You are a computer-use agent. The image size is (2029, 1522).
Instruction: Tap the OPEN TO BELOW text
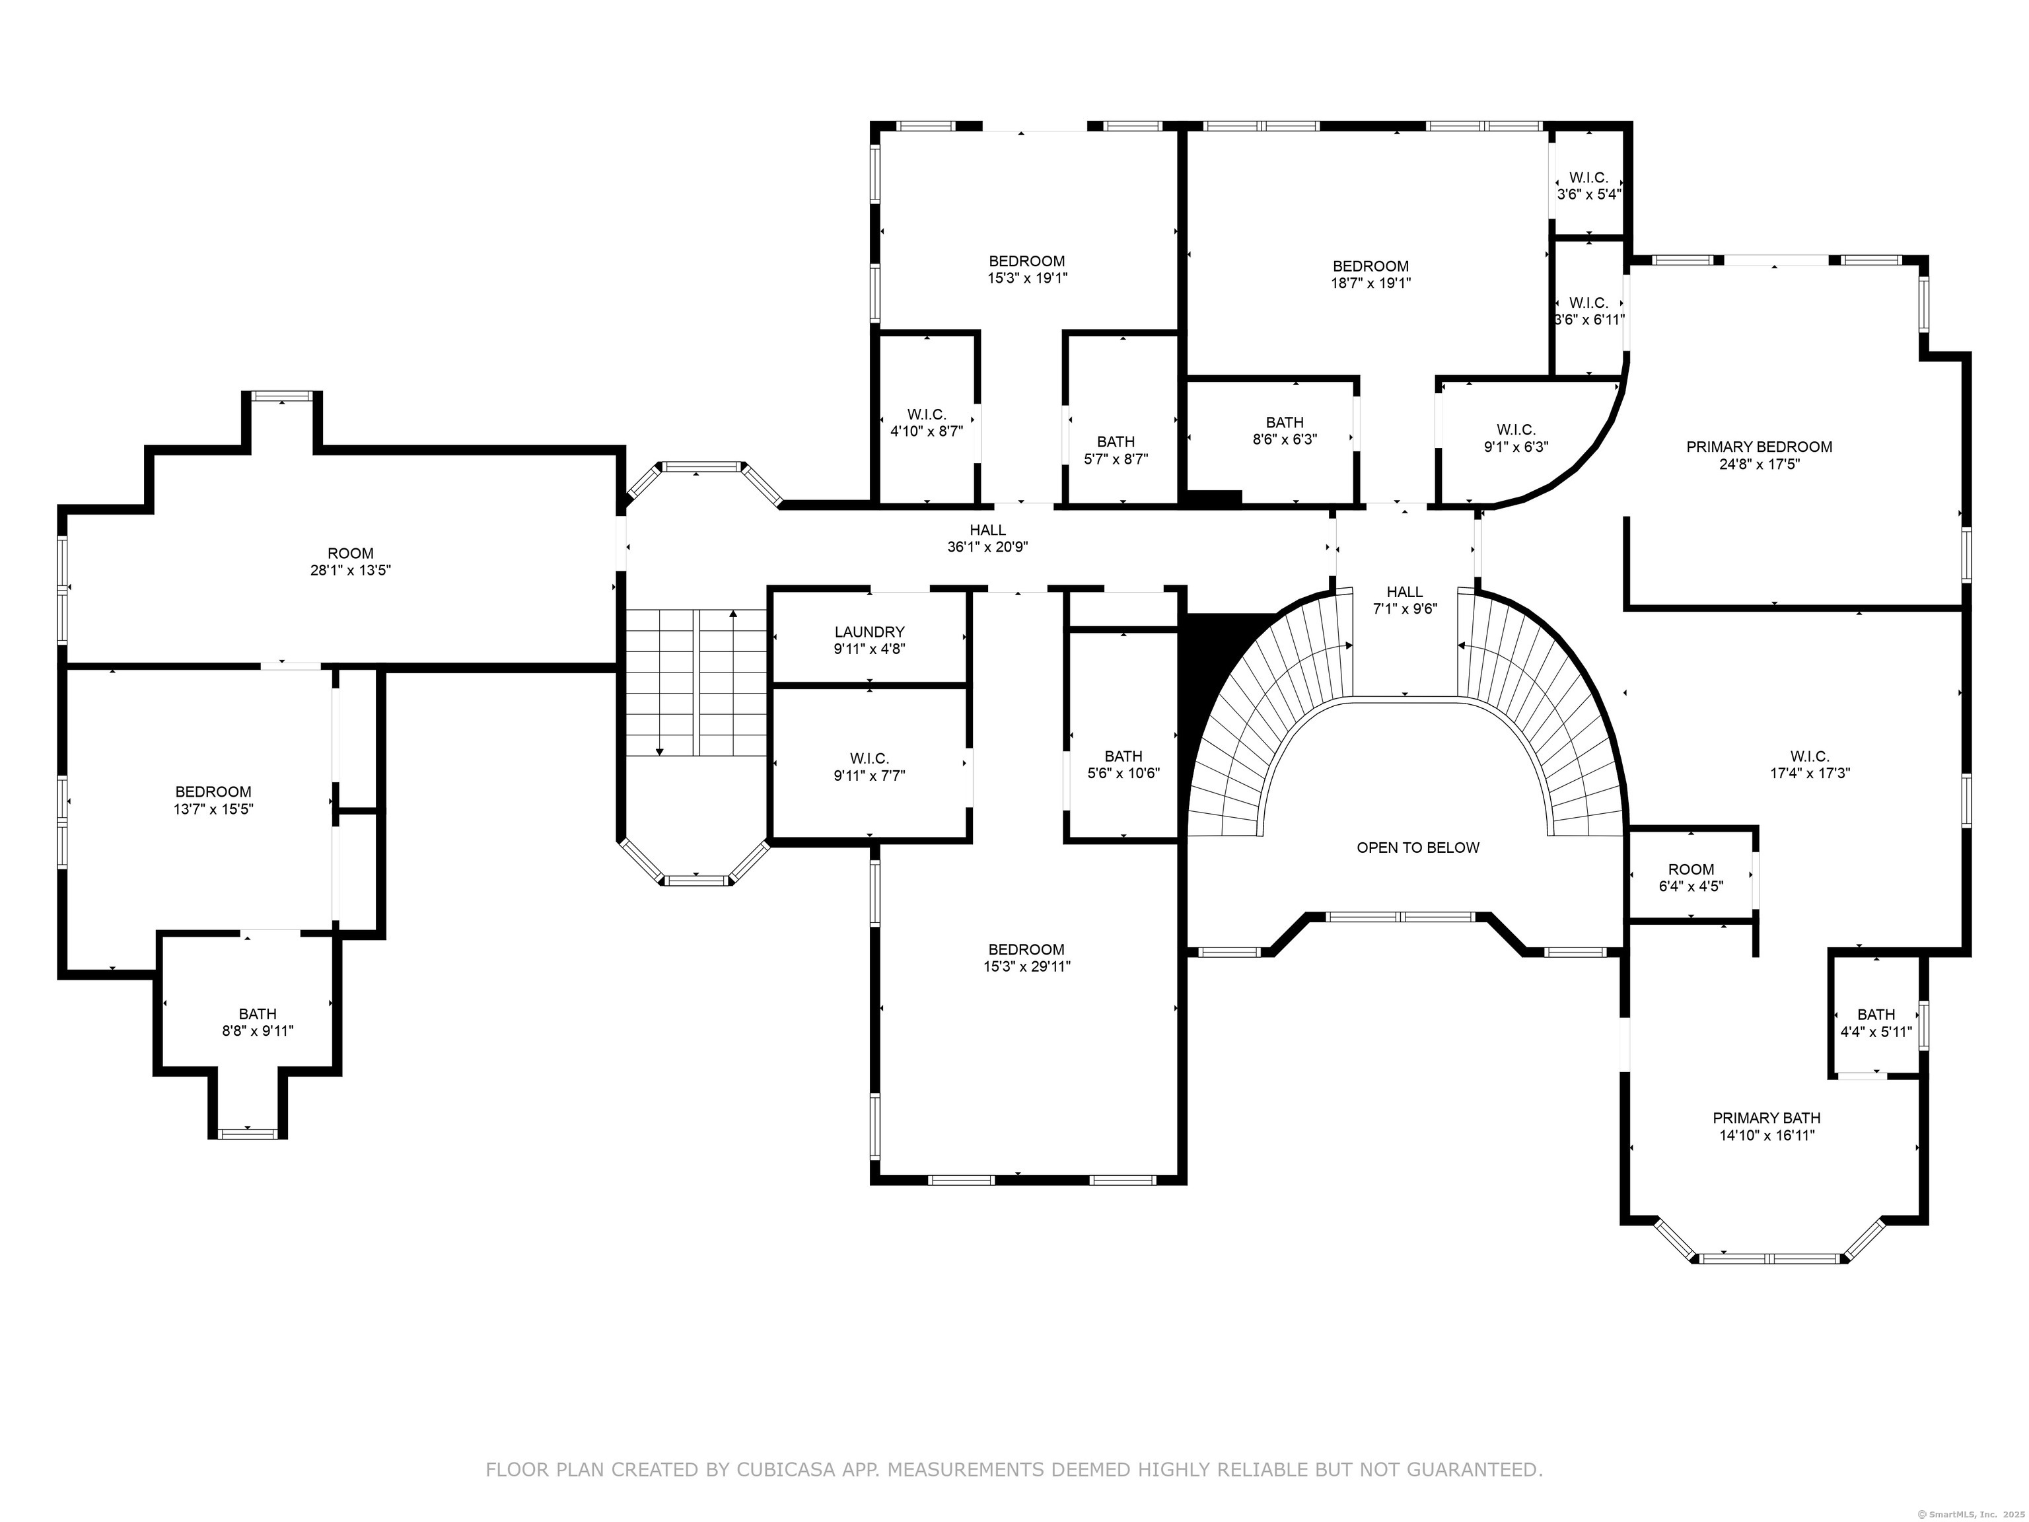pyautogui.click(x=1417, y=848)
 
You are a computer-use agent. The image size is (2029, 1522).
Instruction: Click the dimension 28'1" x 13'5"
pyautogui.click(x=351, y=569)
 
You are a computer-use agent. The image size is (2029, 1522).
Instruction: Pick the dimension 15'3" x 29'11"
pyautogui.click(x=1026, y=966)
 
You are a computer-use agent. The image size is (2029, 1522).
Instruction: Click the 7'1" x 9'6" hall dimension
pyautogui.click(x=1404, y=608)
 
